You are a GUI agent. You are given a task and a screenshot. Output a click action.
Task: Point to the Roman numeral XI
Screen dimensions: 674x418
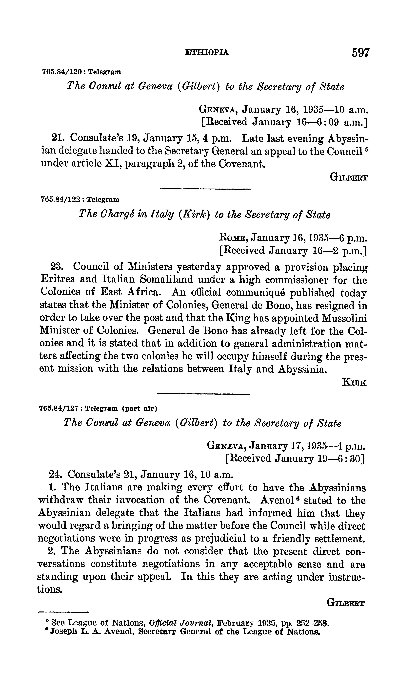(x=111, y=164)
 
